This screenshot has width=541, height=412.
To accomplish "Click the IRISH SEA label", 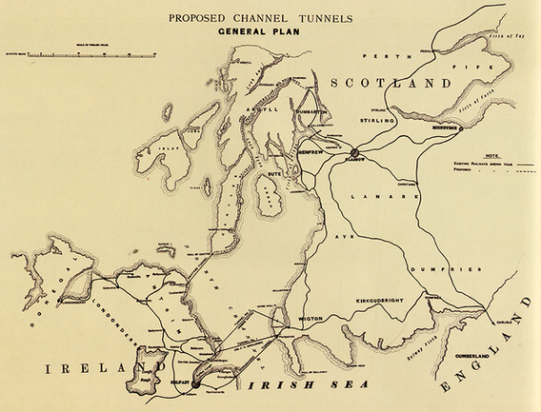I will [x=283, y=387].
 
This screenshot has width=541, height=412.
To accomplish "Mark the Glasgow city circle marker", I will [x=354, y=151].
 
